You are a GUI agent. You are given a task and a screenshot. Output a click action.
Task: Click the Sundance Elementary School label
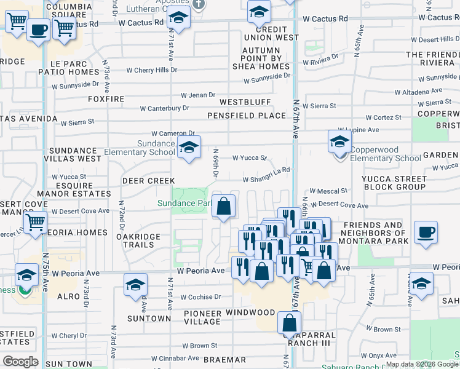tap(140, 148)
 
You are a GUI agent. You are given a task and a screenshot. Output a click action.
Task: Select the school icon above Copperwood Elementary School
tap(339, 143)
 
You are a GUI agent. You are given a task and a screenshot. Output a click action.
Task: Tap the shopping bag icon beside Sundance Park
tap(224, 207)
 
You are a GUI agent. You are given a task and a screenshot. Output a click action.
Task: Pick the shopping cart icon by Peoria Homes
tap(36, 223)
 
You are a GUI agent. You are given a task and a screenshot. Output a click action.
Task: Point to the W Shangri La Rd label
tap(266, 180)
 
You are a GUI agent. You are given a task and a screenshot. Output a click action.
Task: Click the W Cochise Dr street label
tap(200, 296)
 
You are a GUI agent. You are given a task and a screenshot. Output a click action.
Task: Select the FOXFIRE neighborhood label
tap(106, 99)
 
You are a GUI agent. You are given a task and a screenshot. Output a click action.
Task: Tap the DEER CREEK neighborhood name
tap(145, 181)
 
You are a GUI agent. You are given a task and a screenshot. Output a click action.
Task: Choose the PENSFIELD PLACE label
tap(247, 116)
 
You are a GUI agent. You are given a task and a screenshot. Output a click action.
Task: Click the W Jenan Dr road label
tap(198, 95)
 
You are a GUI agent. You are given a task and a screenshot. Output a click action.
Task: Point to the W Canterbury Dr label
tap(164, 108)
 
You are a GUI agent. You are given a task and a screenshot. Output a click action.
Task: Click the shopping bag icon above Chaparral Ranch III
tap(289, 322)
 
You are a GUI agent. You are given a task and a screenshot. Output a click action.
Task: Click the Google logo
tap(20, 362)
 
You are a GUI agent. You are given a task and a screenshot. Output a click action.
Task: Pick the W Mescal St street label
tap(328, 191)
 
